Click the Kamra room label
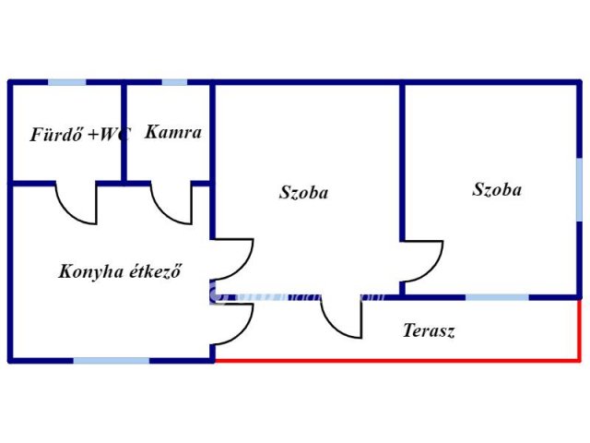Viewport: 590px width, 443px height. click(x=173, y=132)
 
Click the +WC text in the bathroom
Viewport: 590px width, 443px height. click(x=110, y=134)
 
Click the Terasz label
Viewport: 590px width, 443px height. click(x=429, y=330)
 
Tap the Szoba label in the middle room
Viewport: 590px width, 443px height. click(x=303, y=193)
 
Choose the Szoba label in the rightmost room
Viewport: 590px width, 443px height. click(x=497, y=189)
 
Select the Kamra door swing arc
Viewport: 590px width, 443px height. click(x=171, y=205)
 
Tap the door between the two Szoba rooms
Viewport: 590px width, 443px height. click(x=423, y=262)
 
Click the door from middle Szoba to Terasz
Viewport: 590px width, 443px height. click(x=342, y=319)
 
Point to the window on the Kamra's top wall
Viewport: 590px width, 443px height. click(x=174, y=82)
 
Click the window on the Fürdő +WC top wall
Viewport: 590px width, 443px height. click(x=67, y=82)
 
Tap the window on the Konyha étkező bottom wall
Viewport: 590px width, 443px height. click(x=112, y=360)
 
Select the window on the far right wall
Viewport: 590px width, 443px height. click(x=580, y=188)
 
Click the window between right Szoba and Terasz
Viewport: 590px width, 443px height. click(x=497, y=297)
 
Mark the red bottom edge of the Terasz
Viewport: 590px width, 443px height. click(x=396, y=360)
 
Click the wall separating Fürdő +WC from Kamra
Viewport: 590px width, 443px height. click(x=123, y=134)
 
